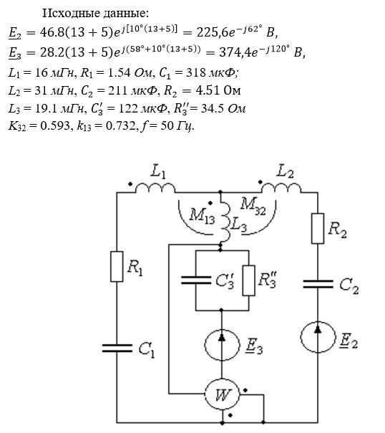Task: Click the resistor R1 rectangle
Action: pyautogui.click(x=117, y=266)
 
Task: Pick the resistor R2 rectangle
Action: pyautogui.click(x=318, y=229)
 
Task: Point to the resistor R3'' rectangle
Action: pyautogui.click(x=248, y=280)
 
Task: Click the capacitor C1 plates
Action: pyautogui.click(x=117, y=348)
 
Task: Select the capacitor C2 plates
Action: pyautogui.click(x=318, y=284)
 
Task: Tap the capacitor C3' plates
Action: pyautogui.click(x=196, y=280)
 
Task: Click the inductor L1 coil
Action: pyautogui.click(x=155, y=188)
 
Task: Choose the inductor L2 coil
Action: pyautogui.click(x=281, y=188)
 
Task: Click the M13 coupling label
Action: pyautogui.click(x=202, y=215)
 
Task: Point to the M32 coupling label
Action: pyautogui.click(x=253, y=206)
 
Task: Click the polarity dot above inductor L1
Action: pyautogui.click(x=130, y=184)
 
